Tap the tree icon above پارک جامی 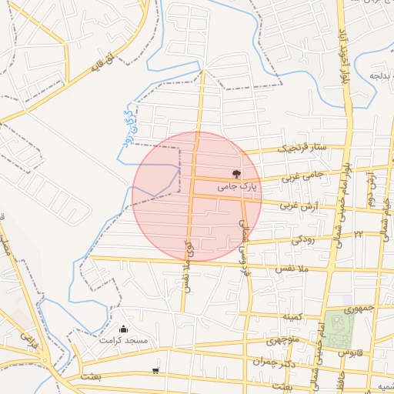235,175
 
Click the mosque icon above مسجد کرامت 124,329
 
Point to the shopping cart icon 156,370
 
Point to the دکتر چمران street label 274,362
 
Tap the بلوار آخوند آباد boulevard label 339,58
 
